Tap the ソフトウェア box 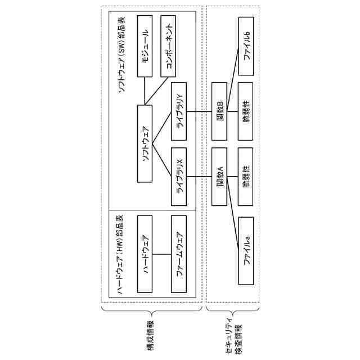click(x=145, y=143)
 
